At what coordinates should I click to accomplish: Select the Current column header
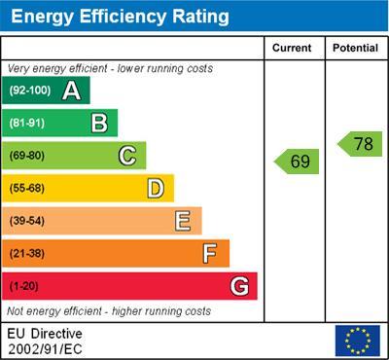(292, 48)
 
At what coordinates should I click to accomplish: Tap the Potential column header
(355, 48)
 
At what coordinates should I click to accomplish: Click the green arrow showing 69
(297, 162)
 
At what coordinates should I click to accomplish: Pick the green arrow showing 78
(360, 144)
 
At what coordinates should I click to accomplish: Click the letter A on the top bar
(71, 91)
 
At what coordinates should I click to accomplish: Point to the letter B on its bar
(99, 123)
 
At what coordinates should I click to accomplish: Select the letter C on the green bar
(126, 156)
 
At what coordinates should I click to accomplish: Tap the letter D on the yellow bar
(155, 188)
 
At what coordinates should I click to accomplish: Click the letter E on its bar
(182, 221)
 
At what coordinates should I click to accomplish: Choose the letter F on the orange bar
(209, 254)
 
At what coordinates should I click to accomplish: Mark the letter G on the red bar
(238, 286)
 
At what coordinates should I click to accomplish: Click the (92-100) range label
(30, 91)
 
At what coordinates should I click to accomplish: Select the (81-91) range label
(28, 124)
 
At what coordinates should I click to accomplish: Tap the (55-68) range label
(28, 189)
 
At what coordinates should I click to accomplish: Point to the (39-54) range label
(28, 221)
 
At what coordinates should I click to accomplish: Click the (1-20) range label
(24, 287)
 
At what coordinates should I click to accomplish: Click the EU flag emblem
(357, 341)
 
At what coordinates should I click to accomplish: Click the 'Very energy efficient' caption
(109, 69)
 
